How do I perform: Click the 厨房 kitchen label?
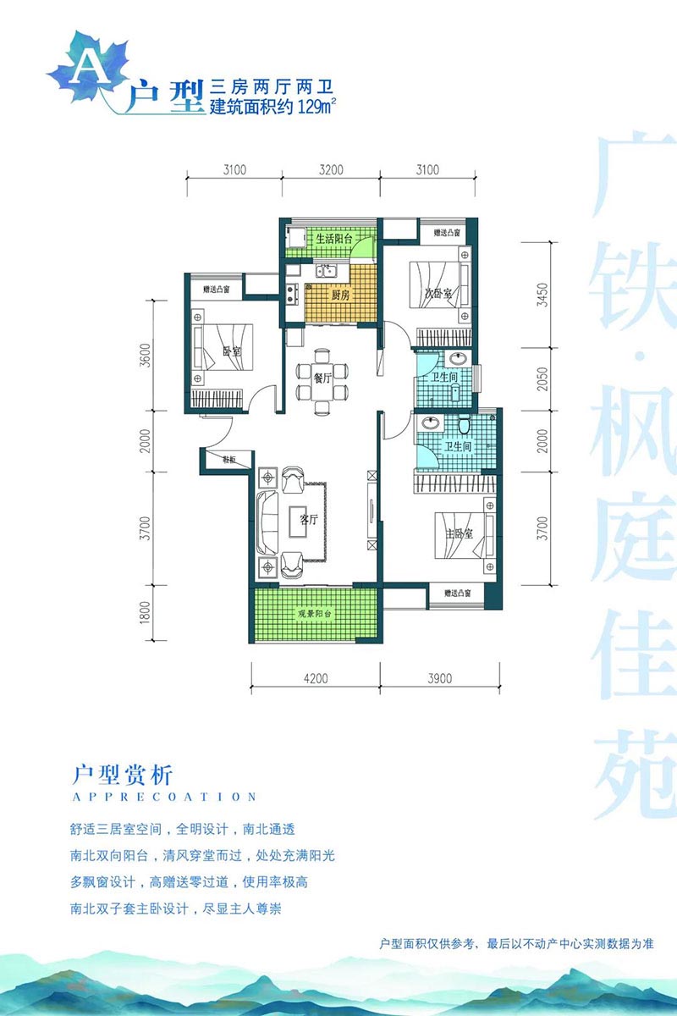coord(339,295)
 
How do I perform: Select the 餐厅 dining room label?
coord(322,378)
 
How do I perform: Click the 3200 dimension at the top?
coord(331,168)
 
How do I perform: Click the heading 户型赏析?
coord(123,774)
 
